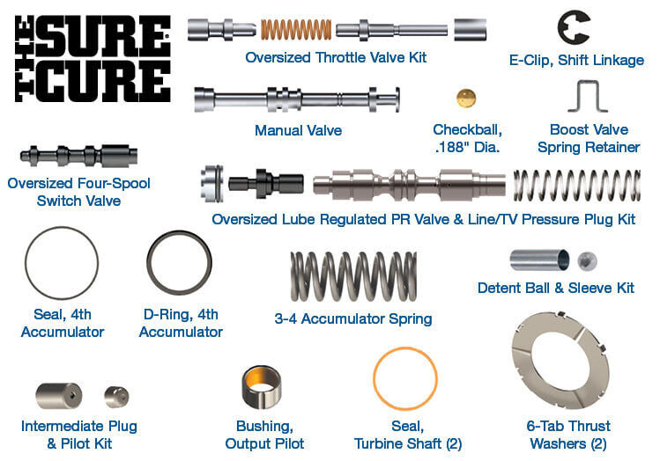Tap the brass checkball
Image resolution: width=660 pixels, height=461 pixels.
[466, 99]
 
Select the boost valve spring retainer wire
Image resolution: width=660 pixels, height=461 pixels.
[588, 83]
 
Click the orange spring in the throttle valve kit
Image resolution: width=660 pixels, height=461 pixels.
[296, 30]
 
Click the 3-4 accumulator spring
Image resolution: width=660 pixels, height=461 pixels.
[353, 276]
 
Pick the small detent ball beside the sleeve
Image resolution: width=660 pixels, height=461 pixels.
[587, 260]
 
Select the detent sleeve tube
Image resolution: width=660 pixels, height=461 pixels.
[539, 260]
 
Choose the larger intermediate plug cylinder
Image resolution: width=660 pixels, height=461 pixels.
[58, 396]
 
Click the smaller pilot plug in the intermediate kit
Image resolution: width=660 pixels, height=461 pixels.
[116, 397]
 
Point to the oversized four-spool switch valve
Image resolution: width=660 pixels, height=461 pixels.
[78, 156]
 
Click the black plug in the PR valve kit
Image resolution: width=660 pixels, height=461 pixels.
[265, 184]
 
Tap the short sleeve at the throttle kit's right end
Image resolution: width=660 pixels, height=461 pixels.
[471, 30]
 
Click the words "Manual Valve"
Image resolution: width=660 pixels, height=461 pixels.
[298, 130]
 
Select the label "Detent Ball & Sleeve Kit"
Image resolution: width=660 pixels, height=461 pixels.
[556, 288]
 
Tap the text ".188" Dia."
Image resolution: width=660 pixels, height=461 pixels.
[467, 147]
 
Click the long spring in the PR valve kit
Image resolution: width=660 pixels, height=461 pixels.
[576, 186]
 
